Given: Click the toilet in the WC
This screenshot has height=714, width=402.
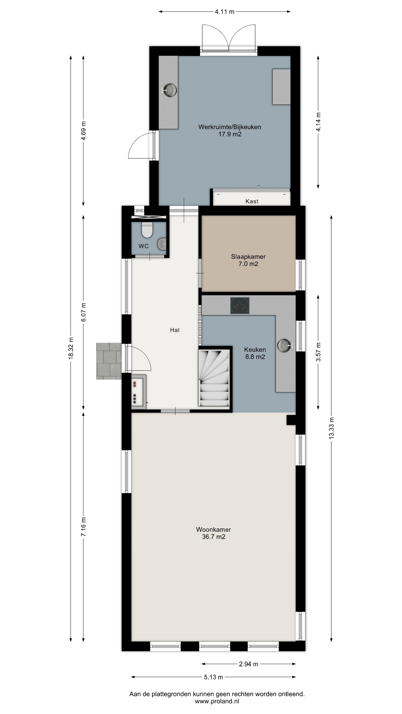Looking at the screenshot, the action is coord(147,230).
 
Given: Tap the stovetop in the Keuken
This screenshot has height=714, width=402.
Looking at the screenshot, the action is coord(240,305).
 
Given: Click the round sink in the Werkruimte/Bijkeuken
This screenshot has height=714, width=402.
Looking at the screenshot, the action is coord(169,90).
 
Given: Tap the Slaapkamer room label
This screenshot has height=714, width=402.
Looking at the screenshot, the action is coord(248,257).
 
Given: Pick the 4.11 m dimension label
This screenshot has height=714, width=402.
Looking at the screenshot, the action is coord(224,12).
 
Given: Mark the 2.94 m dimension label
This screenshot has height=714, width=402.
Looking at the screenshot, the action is coord(249,664).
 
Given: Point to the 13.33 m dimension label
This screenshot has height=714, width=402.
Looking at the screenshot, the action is coord(331,428).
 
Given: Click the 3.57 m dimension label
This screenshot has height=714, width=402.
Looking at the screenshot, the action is coord(318,352).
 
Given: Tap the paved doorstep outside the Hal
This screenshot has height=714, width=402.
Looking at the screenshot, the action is coord(109,361).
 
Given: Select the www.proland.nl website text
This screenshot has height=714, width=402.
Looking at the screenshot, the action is coord(217,702).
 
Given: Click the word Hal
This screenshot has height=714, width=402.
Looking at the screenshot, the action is coord(175,330).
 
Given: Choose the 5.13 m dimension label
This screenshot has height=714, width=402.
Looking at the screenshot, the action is coord(214,677).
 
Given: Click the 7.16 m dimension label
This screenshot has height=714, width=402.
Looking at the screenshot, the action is coord(83,527).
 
